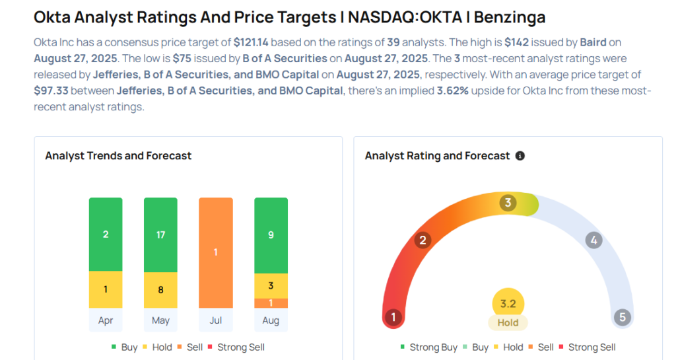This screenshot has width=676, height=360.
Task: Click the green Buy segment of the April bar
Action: click(x=106, y=234)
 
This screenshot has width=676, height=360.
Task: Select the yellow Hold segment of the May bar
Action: click(x=160, y=289)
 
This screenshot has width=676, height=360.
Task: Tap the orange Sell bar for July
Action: click(x=216, y=252)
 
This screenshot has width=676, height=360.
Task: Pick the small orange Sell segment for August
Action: click(x=271, y=303)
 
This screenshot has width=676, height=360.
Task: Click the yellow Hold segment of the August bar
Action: click(x=271, y=286)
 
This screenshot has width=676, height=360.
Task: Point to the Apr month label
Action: click(x=106, y=320)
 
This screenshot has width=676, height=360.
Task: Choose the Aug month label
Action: click(x=271, y=320)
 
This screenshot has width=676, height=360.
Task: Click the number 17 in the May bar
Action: click(x=160, y=234)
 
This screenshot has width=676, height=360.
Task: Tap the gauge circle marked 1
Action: click(x=393, y=317)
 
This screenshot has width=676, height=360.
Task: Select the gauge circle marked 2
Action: click(x=422, y=240)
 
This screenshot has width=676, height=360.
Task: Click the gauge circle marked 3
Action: click(x=508, y=203)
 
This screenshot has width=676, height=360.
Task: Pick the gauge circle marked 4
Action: click(x=593, y=240)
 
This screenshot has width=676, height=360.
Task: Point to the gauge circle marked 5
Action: click(x=622, y=317)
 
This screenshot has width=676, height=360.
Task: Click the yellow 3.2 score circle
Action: click(x=508, y=305)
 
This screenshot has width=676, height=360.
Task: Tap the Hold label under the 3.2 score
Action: click(x=508, y=323)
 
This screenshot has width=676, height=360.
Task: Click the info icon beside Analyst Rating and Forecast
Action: click(x=520, y=156)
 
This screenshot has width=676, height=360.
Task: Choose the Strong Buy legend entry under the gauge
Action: click(x=429, y=347)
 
